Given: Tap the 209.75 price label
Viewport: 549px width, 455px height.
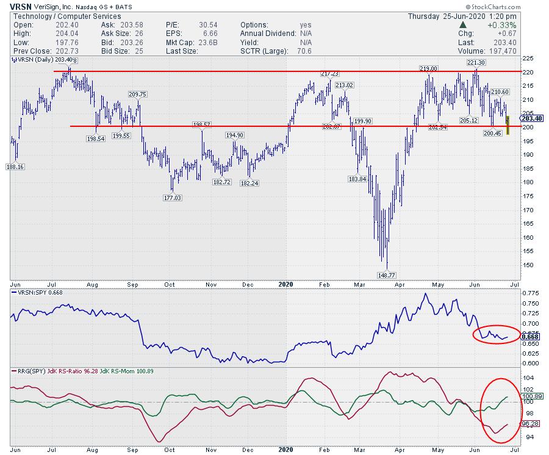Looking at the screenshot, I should pos(137,94).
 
